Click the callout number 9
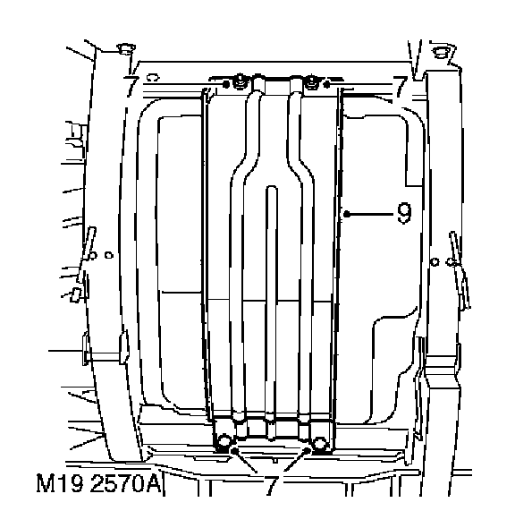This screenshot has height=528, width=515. coord(404,213)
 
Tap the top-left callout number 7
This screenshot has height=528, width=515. coord(131,86)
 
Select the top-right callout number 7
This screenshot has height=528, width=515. coord(400,87)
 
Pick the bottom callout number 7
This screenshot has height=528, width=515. coord(271,486)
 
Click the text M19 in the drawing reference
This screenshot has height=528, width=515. coord(60,483)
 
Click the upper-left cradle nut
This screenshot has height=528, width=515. coord(240,81)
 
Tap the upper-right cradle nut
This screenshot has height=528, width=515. coord(311,82)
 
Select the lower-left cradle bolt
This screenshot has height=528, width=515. coord(224,442)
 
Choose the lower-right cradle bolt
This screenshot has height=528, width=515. coord(319,442)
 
